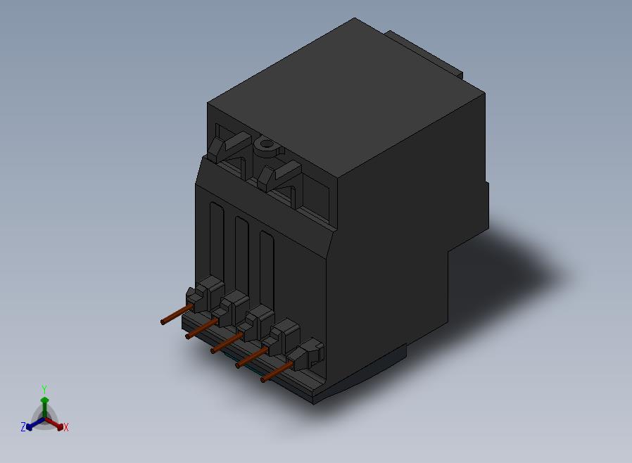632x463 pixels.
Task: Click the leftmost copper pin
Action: pyautogui.click(x=177, y=315)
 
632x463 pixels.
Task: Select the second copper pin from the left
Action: pyautogui.click(x=201, y=329)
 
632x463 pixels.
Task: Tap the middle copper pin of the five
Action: pyautogui.click(x=227, y=343)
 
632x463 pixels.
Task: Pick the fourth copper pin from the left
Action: pyautogui.click(x=251, y=357)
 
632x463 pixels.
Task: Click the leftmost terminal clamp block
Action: pyautogui.click(x=205, y=295)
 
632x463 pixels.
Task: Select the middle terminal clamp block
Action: pyautogui.click(x=255, y=323)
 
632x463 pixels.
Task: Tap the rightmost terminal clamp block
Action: pyautogui.click(x=306, y=354)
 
